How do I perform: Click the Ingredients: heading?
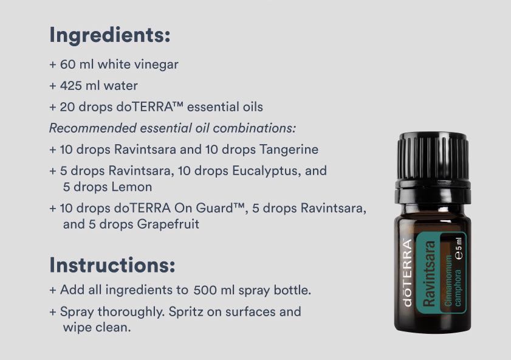click(x=110, y=35)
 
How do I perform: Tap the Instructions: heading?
click(x=112, y=265)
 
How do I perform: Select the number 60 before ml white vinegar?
click(x=67, y=64)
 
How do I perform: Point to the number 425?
click(x=70, y=86)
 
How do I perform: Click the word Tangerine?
click(x=289, y=150)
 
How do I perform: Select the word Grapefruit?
click(x=168, y=224)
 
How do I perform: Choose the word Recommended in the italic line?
click(x=92, y=128)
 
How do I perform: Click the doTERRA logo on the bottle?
click(x=407, y=272)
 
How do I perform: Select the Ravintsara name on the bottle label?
click(x=429, y=274)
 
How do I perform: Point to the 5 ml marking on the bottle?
click(x=459, y=249)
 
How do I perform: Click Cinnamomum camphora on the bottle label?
click(x=453, y=280)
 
